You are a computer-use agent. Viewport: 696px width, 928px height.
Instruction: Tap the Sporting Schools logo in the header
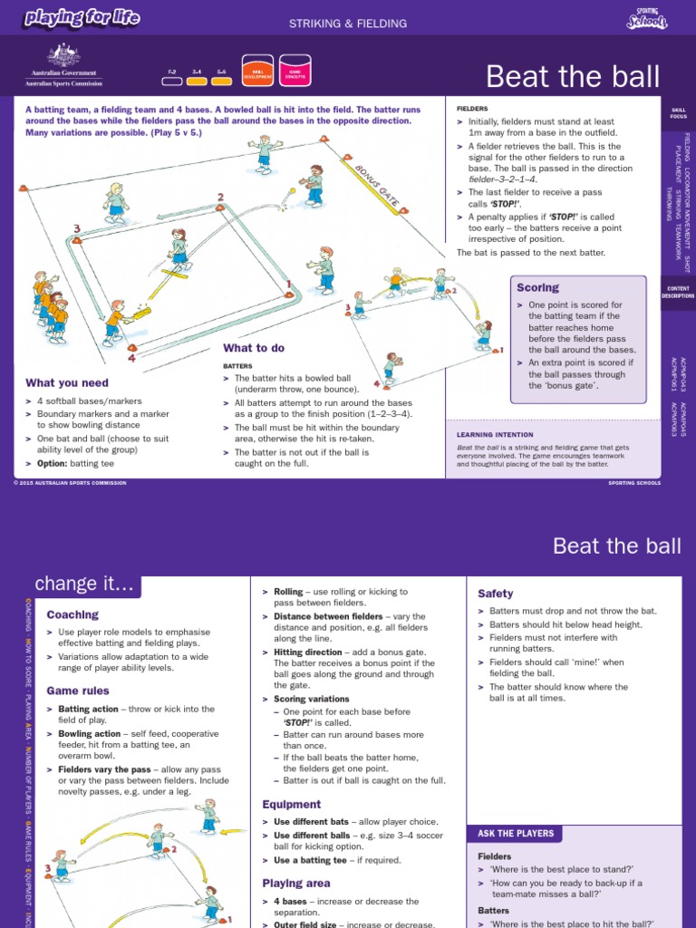pos(646,17)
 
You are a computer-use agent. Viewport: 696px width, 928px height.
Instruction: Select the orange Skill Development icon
pos(257,71)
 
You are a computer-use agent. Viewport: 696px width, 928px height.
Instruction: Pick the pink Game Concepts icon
pos(295,71)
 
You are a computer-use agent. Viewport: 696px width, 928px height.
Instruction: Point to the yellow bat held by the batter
pos(140,314)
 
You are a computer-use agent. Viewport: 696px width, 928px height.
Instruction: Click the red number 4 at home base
pos(131,357)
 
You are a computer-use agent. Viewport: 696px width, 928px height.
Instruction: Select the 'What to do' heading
pos(254,348)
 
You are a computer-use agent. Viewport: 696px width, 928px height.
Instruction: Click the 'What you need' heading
pos(67,383)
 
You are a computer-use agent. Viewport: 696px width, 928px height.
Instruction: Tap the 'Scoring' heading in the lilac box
pos(537,287)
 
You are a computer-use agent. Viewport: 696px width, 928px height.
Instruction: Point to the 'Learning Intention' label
pos(494,434)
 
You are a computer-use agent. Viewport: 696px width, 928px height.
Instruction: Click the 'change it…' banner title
pos(84,585)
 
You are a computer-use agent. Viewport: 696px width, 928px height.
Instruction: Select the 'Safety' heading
pos(496,594)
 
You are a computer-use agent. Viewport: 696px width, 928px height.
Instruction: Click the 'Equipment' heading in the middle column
pos(292,804)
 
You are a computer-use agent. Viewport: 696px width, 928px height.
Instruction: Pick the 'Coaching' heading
pos(72,614)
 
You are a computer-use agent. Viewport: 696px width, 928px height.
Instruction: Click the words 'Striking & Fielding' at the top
pos(348,24)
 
